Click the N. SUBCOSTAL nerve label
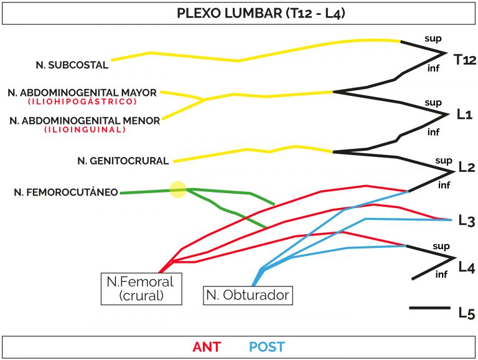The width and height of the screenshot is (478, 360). coord(72,65)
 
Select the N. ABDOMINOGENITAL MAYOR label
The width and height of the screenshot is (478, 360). coord(82,93)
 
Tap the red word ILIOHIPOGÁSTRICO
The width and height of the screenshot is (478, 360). coord(82,102)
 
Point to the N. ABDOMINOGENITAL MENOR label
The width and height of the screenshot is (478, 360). coord(85,121)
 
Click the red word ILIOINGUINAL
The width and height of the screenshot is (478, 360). coord(85,130)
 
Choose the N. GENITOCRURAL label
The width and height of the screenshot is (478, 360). coord(123,161)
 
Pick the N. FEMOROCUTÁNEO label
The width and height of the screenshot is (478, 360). coord(66,192)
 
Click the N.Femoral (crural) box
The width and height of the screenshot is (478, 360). coord(141,289)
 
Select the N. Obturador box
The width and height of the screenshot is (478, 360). coord(248,295)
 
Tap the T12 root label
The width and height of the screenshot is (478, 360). coord(464,60)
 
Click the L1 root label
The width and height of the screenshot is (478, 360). coord(464,115)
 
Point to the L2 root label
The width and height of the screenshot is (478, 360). coord(467,167)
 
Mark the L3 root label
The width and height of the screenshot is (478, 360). coord(467,220)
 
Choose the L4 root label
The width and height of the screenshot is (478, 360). coord(467,267)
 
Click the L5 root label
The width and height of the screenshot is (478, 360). coord(467,313)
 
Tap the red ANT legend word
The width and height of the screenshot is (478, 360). coord(207,347)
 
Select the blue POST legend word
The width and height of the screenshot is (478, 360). coord(267,347)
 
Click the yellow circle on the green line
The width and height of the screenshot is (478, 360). coord(178,190)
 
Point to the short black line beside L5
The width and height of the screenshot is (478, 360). coord(430,308)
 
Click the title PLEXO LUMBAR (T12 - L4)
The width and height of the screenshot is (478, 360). coord(261,14)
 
